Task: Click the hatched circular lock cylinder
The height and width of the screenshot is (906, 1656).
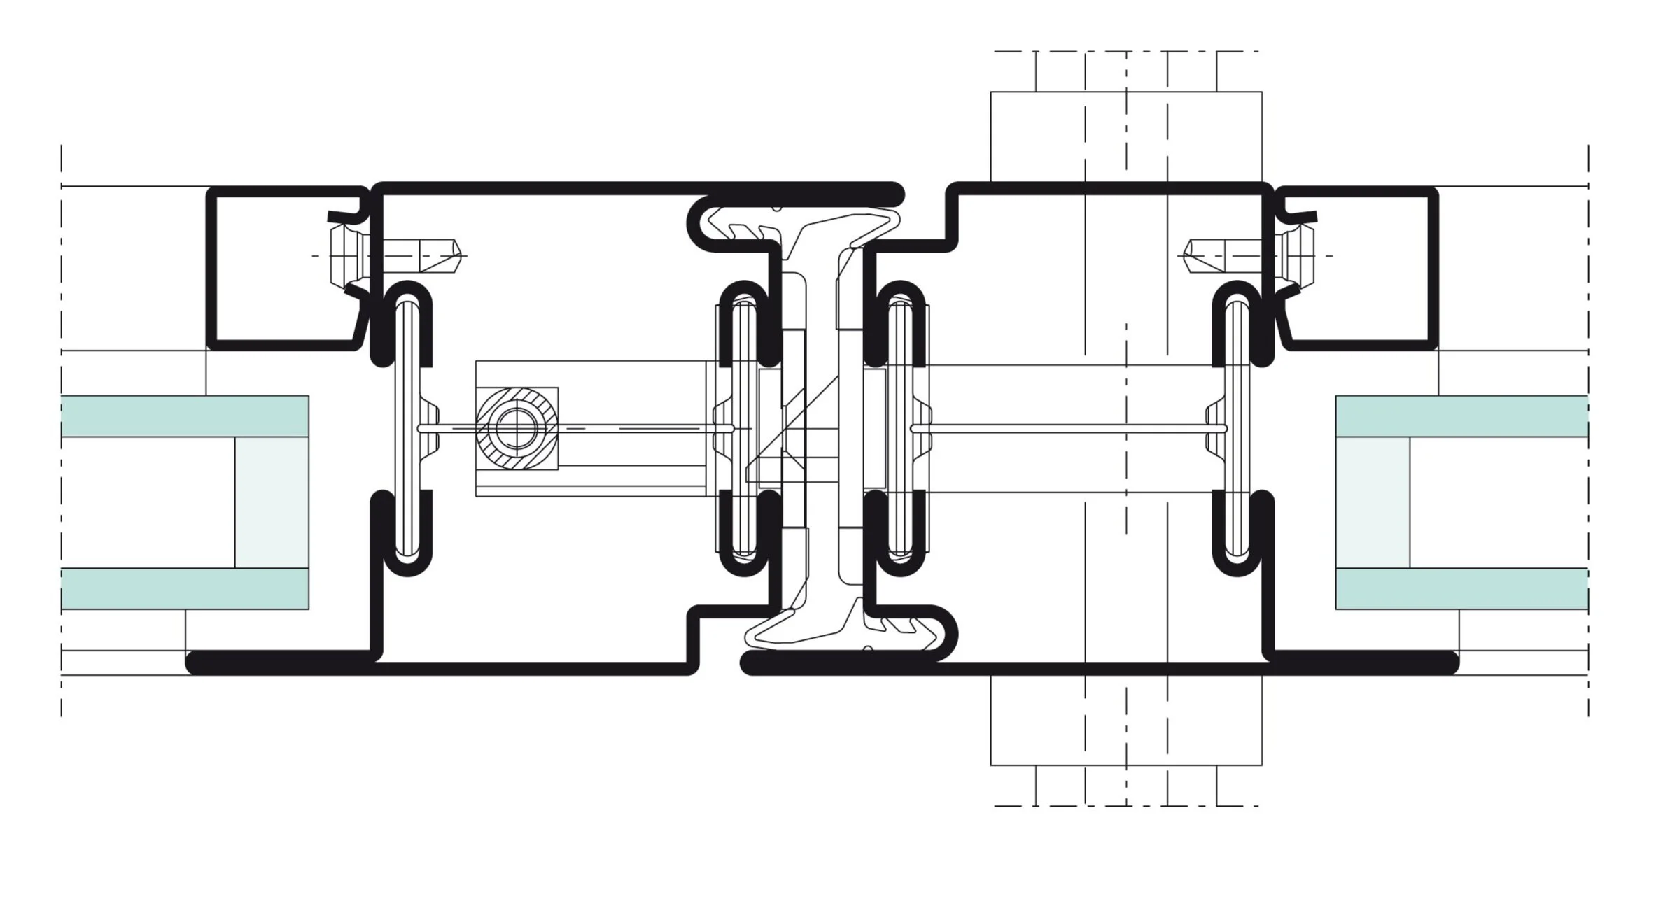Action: (x=517, y=428)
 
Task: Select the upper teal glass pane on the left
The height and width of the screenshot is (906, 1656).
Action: (x=185, y=416)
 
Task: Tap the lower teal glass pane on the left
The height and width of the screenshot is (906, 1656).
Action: (x=185, y=588)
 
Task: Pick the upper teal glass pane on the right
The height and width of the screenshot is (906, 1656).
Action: (x=1461, y=416)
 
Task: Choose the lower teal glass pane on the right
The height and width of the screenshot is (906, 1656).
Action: (x=1461, y=588)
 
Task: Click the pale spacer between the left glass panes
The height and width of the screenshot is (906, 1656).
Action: (x=272, y=502)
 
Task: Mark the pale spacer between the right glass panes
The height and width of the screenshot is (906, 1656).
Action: (x=1373, y=502)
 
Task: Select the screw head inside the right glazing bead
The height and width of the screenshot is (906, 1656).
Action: (x=1299, y=255)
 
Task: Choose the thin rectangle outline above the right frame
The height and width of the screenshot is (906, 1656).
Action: (x=1125, y=136)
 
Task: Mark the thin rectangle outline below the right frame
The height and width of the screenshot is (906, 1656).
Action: (x=1125, y=721)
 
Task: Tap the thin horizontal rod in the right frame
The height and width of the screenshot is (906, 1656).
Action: (x=1067, y=428)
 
